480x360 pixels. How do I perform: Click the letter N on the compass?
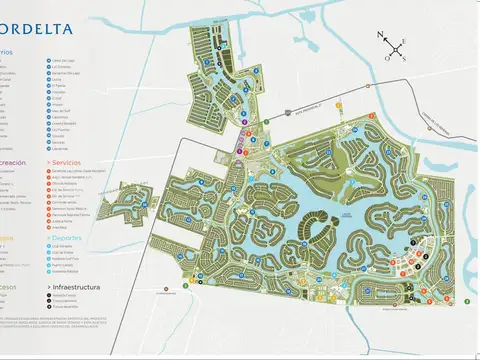point(381,36)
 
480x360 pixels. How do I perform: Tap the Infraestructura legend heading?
point(76,285)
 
